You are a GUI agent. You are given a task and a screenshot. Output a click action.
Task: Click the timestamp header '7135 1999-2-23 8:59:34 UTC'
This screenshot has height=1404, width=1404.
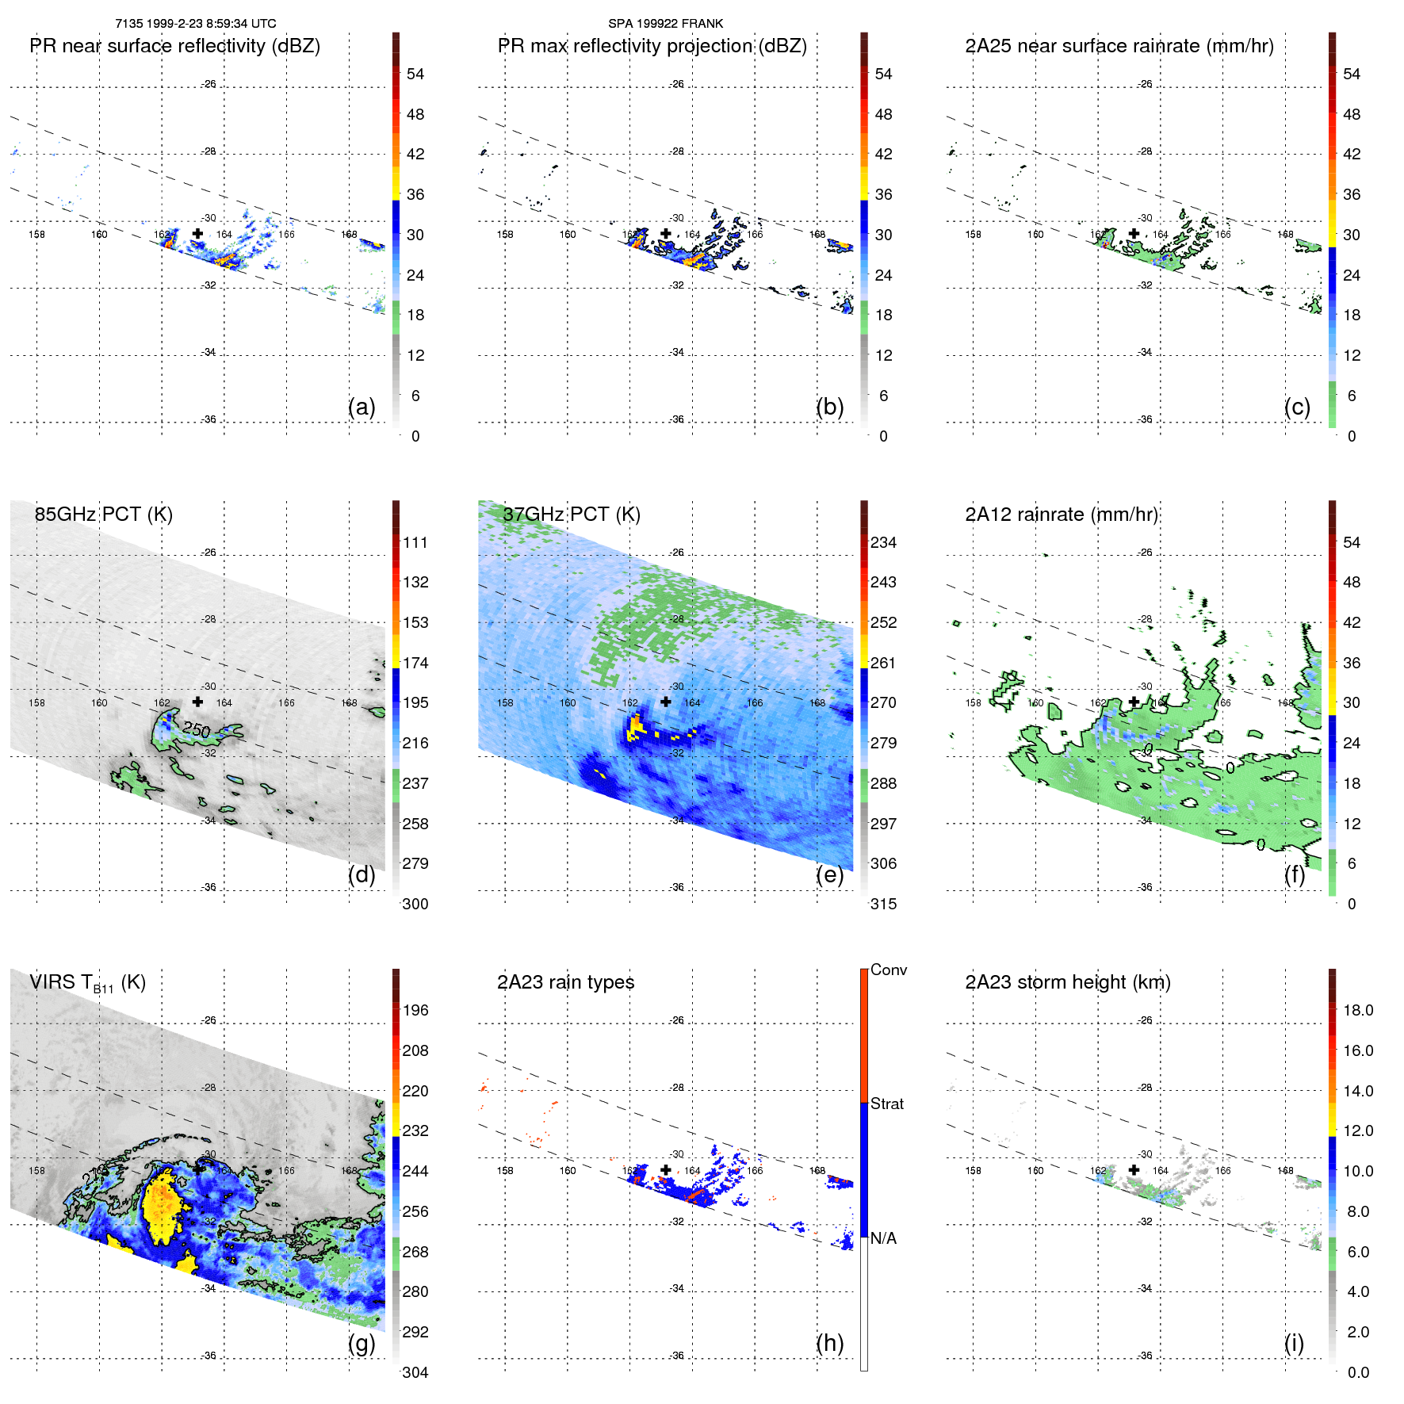[195, 24]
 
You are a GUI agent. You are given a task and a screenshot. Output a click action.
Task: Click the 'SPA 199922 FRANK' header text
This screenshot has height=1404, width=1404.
[665, 24]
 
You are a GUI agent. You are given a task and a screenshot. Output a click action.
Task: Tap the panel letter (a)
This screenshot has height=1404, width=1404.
[362, 407]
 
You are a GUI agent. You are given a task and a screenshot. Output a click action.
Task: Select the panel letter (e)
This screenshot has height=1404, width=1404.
[829, 875]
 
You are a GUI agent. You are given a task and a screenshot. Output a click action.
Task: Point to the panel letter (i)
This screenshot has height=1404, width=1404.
[1294, 1343]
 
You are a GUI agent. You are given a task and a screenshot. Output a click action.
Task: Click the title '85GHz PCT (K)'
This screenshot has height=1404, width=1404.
[103, 515]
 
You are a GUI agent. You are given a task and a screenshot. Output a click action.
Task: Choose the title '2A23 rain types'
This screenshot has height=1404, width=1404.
[565, 982]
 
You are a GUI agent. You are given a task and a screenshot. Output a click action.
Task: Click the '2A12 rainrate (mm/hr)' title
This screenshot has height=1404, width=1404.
[1062, 515]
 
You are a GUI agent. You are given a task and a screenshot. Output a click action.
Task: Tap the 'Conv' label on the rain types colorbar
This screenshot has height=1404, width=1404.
[888, 970]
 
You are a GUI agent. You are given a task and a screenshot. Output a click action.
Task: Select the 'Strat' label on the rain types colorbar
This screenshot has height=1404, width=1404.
[886, 1104]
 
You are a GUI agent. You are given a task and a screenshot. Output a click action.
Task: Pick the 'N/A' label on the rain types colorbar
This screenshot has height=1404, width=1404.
[882, 1238]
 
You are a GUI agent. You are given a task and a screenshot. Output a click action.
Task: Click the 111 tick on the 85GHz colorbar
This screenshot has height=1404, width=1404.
[415, 542]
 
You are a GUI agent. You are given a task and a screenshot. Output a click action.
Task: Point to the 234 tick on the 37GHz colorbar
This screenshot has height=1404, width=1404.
[883, 542]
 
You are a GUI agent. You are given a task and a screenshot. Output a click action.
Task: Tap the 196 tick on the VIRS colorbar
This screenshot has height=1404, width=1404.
[415, 1010]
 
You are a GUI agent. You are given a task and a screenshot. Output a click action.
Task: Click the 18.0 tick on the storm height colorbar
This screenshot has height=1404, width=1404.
[1358, 1010]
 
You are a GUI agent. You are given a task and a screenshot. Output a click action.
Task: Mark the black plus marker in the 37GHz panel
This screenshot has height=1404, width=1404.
[666, 702]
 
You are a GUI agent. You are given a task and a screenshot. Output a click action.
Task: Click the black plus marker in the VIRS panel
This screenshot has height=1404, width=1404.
[197, 1169]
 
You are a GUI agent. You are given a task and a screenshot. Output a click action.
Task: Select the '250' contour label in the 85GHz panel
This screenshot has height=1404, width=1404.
[196, 729]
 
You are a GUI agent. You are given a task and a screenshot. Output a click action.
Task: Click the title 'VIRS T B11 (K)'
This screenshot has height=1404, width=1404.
[87, 983]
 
